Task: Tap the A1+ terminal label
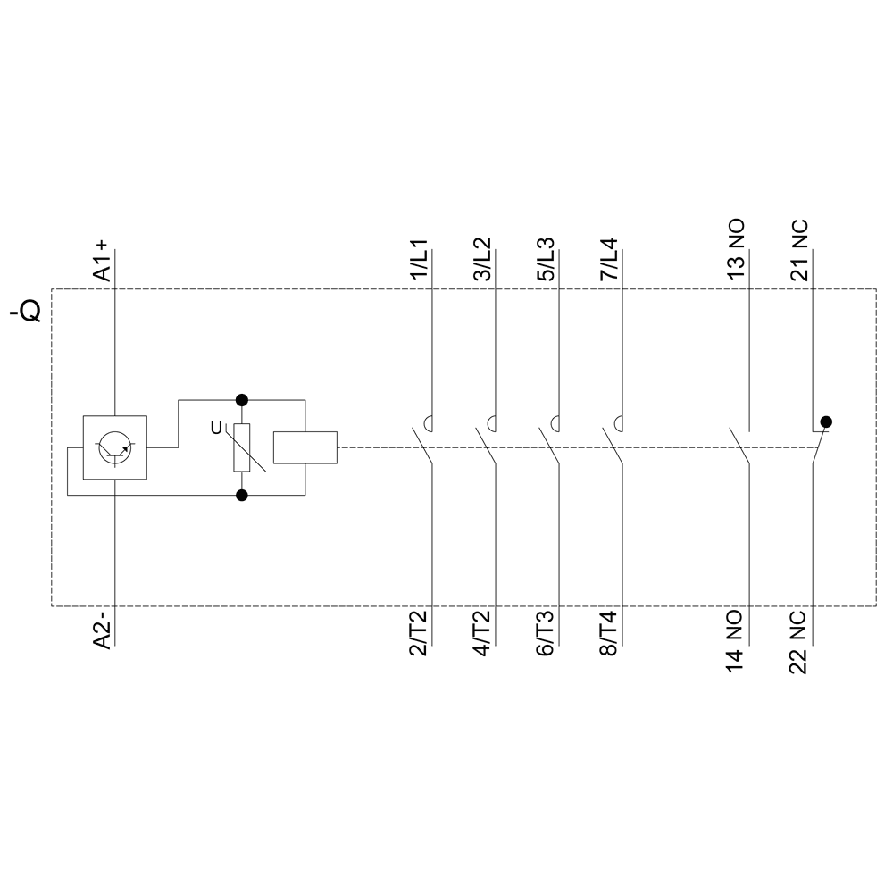pyautogui.click(x=103, y=261)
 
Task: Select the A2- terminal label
pyautogui.click(x=103, y=630)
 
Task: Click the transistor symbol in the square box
pyautogui.click(x=115, y=446)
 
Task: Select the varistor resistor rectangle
pyautogui.click(x=241, y=446)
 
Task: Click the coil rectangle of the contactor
pyautogui.click(x=305, y=446)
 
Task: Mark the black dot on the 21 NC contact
pyautogui.click(x=826, y=421)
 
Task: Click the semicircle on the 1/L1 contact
pyautogui.click(x=430, y=422)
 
